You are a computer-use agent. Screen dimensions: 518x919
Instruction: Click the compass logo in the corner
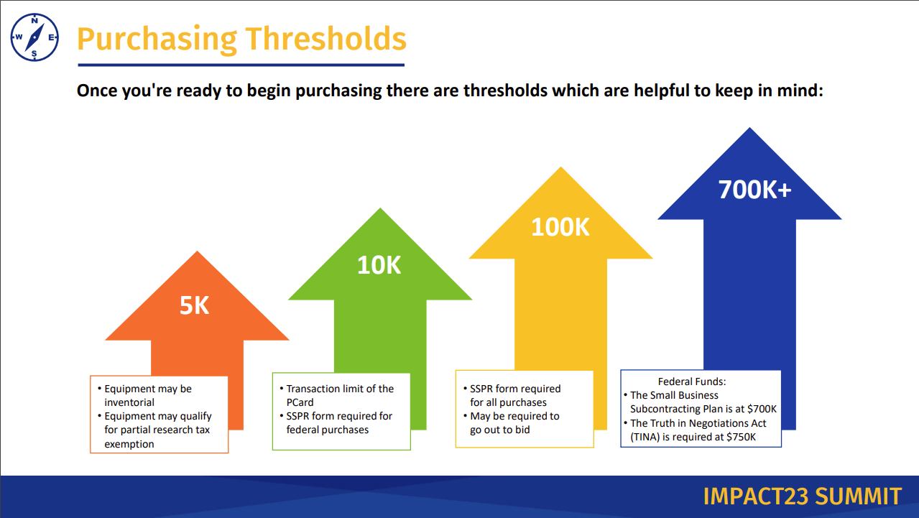click(34, 37)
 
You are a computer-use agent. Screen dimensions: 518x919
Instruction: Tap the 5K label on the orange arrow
click(194, 305)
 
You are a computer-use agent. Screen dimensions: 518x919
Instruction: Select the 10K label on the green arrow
click(379, 265)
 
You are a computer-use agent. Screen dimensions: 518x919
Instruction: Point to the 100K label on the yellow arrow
click(560, 227)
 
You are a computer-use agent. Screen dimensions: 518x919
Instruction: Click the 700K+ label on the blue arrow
click(754, 190)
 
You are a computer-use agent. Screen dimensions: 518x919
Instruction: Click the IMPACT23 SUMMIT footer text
click(802, 496)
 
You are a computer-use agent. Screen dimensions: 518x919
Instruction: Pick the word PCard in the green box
click(300, 402)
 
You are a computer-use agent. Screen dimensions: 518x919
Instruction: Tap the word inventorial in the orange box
click(129, 402)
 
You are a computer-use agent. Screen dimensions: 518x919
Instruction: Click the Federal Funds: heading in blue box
click(692, 382)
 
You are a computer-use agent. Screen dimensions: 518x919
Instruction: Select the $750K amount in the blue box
click(743, 437)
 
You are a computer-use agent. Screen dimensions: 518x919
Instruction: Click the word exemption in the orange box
click(129, 444)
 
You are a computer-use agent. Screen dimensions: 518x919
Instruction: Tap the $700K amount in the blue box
click(761, 409)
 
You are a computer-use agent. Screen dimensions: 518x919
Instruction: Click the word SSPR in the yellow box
click(484, 389)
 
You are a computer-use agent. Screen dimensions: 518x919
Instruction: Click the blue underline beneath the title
click(240, 65)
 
